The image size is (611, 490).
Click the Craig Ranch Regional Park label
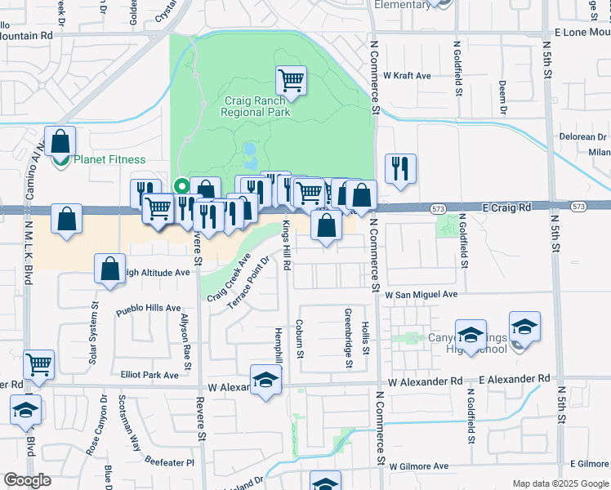[x=256, y=106]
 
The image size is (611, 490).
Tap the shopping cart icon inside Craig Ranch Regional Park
[x=291, y=80]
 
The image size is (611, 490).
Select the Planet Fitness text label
[x=109, y=160]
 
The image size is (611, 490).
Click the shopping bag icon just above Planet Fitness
[x=60, y=141]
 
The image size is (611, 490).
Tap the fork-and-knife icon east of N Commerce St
[x=400, y=169]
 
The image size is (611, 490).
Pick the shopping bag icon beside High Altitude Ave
[x=109, y=269]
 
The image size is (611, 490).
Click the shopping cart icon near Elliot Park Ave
[x=38, y=364]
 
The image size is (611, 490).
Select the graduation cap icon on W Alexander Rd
[x=265, y=381]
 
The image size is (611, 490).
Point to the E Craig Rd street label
[x=506, y=207]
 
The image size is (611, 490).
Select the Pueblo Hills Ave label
[x=148, y=308]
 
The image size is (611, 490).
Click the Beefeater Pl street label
[x=167, y=462]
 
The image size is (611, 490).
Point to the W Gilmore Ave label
[x=419, y=466]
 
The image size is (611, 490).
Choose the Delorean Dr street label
[x=582, y=137]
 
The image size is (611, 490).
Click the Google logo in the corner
[x=27, y=480]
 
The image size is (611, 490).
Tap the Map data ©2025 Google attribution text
[x=560, y=483]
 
